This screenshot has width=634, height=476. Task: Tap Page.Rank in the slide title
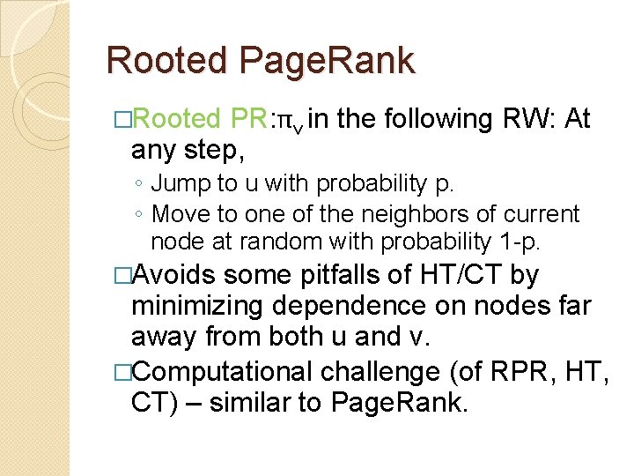coord(327,61)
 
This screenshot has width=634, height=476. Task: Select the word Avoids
coord(173,275)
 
